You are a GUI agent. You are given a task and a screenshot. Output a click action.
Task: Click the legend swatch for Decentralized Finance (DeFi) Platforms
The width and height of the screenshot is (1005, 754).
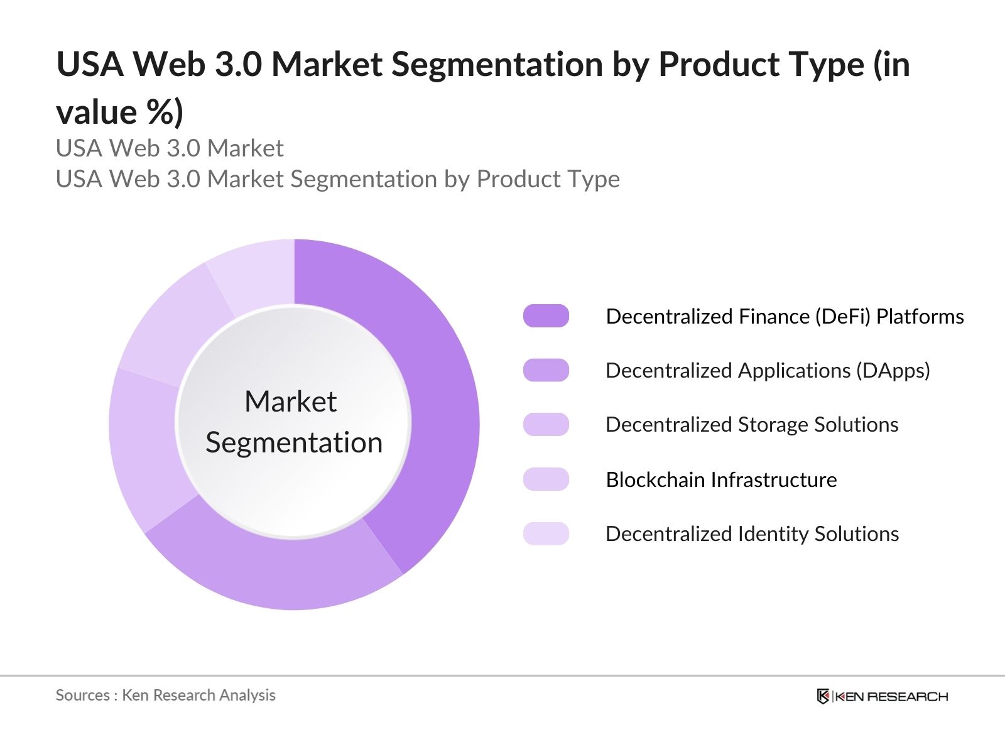point(546,316)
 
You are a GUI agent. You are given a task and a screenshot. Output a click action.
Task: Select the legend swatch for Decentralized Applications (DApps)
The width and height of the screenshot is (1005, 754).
point(546,371)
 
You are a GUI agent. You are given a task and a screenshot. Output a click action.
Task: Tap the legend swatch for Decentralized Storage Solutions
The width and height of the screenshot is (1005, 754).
point(546,425)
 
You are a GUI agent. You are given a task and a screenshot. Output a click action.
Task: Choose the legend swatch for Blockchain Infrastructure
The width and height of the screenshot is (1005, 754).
point(546,479)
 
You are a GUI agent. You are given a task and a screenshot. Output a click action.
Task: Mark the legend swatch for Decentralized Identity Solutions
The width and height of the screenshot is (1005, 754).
point(546,533)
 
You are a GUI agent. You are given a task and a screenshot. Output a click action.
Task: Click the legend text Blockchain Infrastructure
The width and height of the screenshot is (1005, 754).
point(721,480)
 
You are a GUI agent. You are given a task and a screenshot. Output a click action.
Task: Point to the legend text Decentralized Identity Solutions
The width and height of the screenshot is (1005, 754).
point(752,534)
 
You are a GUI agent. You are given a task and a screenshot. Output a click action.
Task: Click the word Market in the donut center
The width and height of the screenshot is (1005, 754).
point(290,402)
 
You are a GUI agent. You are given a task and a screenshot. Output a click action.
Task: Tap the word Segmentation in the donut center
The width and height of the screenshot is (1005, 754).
point(294,443)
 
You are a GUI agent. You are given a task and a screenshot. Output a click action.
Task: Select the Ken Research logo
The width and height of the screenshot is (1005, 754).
point(882,696)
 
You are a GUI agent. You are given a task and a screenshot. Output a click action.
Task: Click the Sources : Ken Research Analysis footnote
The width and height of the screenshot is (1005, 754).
point(165,696)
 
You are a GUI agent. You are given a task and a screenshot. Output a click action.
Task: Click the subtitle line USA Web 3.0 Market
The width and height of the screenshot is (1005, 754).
point(170,149)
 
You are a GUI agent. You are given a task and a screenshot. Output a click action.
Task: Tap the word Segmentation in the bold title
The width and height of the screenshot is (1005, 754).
point(496,65)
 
